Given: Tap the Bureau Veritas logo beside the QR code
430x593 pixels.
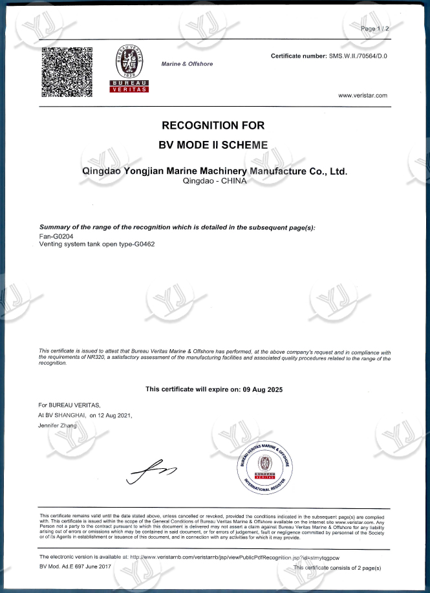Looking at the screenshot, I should pyautogui.click(x=129, y=69).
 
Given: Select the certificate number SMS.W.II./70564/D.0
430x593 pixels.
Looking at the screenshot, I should pyautogui.click(x=358, y=57).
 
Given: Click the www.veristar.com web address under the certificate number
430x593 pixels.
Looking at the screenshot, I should pyautogui.click(x=363, y=96).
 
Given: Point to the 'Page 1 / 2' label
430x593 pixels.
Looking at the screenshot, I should pyautogui.click(x=374, y=29).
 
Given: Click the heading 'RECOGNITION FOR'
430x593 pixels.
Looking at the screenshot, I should pyautogui.click(x=213, y=125).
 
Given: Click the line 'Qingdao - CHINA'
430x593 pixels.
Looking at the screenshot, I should pyautogui.click(x=213, y=182).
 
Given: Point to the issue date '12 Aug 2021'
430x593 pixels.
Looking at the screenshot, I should pyautogui.click(x=115, y=415).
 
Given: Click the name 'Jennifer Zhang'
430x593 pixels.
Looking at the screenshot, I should pyautogui.click(x=58, y=426).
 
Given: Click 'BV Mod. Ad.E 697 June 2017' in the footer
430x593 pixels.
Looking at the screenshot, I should pyautogui.click(x=75, y=566).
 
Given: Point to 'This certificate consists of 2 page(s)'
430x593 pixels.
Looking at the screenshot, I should pyautogui.click(x=337, y=567).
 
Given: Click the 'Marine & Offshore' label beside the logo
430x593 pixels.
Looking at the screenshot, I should pyautogui.click(x=187, y=64).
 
